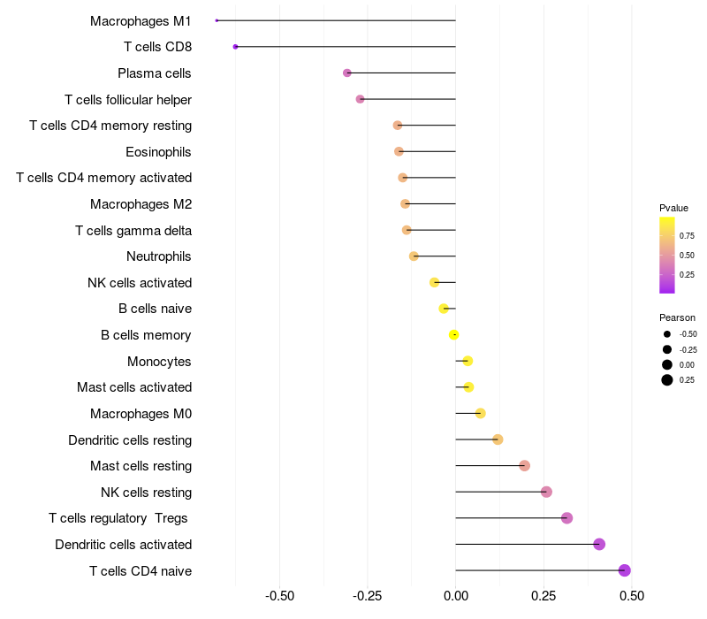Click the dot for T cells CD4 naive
625,570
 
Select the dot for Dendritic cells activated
599,544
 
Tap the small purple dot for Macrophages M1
217,20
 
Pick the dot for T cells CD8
235,46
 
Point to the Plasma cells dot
347,73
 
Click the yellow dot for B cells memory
454,334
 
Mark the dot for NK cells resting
546,492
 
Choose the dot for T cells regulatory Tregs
566,518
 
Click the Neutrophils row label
159,256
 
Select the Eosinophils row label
159,152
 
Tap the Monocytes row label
159,361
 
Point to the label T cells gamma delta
133,231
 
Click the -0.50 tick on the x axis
279,596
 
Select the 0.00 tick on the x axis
455,596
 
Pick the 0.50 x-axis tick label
631,596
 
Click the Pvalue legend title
673,208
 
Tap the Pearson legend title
677,317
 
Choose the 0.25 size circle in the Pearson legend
667,380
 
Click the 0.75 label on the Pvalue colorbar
687,236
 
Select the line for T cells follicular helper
407,99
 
